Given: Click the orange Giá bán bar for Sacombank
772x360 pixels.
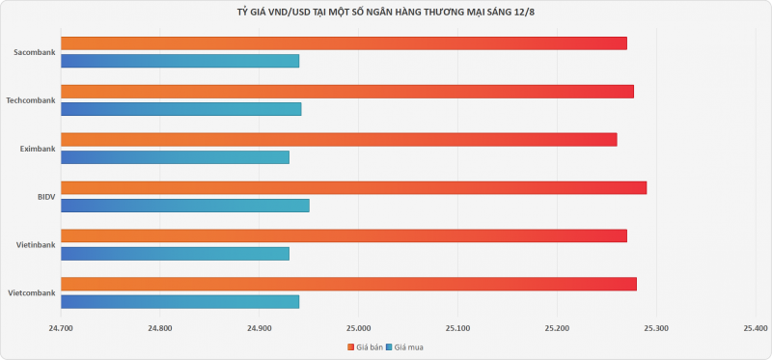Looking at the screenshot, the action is click(x=344, y=43).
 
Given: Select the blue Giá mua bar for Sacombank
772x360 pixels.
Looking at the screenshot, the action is click(x=180, y=61).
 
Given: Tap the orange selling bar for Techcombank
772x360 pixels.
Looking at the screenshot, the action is click(x=347, y=92).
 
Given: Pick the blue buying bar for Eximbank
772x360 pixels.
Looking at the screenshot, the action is click(x=176, y=157).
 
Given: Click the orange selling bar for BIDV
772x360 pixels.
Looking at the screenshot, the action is click(x=353, y=187).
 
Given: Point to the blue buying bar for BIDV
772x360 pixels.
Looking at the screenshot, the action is click(x=185, y=206).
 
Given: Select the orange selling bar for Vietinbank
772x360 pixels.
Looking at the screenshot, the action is click(x=344, y=235).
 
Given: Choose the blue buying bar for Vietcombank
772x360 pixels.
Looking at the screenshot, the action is click(x=180, y=301).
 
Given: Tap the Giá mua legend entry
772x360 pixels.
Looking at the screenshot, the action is click(x=404, y=347).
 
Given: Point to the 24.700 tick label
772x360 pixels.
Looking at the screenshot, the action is click(x=61, y=328).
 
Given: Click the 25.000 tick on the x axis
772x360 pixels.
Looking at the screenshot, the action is click(x=358, y=328).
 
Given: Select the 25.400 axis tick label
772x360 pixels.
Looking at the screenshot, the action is click(x=756, y=328).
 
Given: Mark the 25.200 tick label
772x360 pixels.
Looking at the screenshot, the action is click(x=558, y=328).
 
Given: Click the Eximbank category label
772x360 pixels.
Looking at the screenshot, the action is click(x=38, y=149).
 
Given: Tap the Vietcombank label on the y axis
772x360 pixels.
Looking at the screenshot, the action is click(x=32, y=293).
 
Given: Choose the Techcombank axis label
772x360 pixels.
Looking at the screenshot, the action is click(x=31, y=100).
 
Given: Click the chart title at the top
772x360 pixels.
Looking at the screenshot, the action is click(x=386, y=13).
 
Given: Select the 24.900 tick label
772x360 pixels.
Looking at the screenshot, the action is click(x=259, y=328).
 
